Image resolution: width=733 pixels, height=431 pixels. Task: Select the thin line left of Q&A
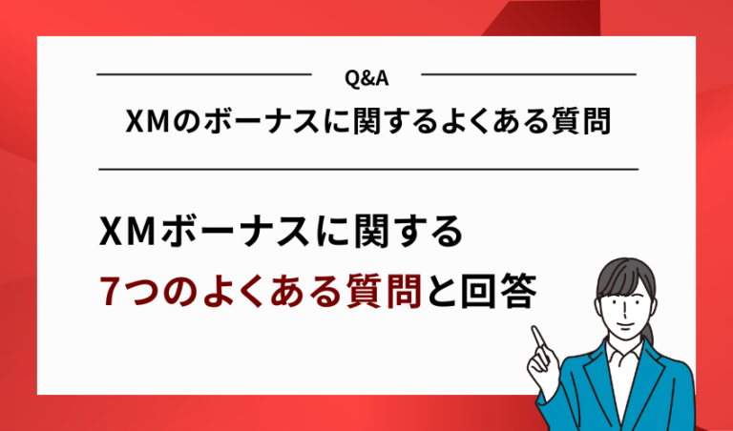click(204, 74)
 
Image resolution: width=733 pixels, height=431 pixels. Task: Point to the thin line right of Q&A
click(529, 74)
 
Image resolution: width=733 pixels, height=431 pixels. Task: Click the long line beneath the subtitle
click(367, 169)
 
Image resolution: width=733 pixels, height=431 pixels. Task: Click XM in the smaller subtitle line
click(146, 122)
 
